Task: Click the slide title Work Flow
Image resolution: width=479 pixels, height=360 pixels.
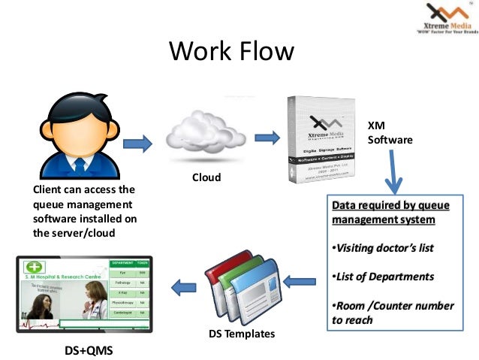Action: point(232,53)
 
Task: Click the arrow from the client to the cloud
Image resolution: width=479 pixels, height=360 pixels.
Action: point(137,142)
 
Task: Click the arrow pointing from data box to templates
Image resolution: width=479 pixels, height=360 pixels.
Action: point(299,282)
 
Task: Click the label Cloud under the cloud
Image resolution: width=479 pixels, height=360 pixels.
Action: point(206,178)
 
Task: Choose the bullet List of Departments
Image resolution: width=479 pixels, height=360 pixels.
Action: point(382,277)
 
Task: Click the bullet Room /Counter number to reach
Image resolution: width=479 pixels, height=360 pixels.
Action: point(392,313)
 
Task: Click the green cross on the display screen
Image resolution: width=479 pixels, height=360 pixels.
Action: point(34,268)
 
